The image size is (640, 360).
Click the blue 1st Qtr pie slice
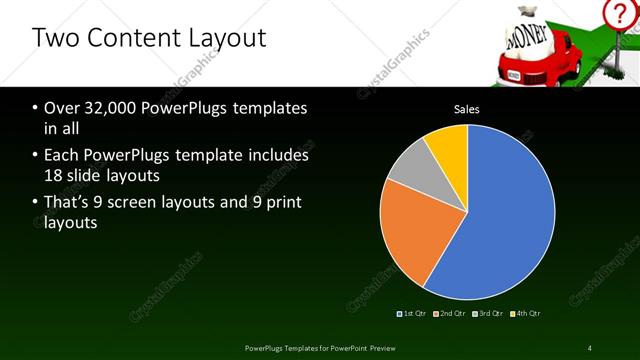(x=500, y=220)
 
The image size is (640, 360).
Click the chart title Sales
(x=467, y=108)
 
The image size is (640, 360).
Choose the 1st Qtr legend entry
(x=411, y=313)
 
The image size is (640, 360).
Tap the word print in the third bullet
(x=282, y=203)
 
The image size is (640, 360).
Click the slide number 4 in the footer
(x=590, y=347)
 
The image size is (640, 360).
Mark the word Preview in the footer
(x=383, y=347)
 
